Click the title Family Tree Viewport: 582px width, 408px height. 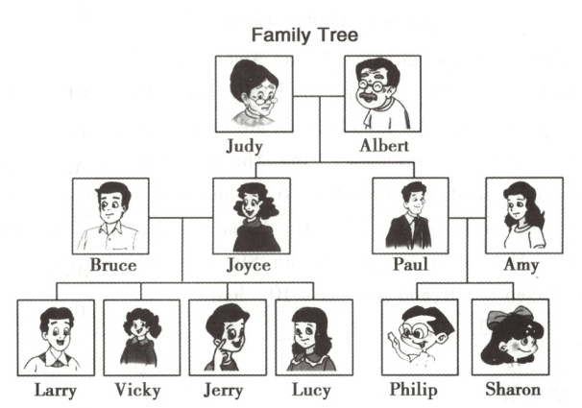point(304,36)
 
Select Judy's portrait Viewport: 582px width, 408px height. point(253,94)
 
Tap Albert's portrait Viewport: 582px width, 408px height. point(383,94)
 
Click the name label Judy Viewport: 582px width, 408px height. point(251,147)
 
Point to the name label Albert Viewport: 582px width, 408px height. point(382,147)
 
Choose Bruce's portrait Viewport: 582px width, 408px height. point(110,215)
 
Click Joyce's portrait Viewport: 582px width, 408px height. point(251,215)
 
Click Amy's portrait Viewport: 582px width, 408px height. point(522,215)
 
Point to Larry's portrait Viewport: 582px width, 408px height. point(56,337)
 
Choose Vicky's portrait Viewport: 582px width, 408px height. point(141,337)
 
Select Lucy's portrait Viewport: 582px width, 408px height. point(313,337)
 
